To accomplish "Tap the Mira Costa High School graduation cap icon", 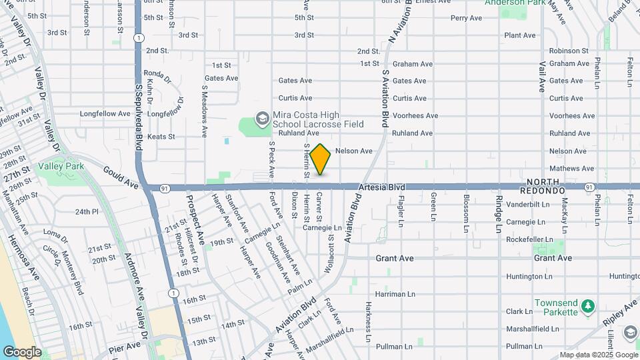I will click(262, 119).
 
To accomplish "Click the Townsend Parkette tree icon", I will click(587, 306).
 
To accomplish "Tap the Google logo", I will click(22, 352).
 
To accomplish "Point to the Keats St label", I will click(161, 137).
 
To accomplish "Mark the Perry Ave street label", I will click(466, 18).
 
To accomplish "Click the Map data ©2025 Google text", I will click(598, 355).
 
